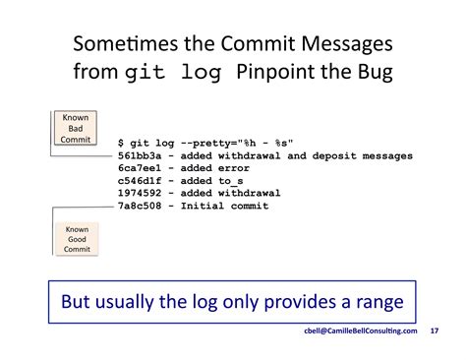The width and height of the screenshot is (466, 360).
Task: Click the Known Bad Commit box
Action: (77, 129)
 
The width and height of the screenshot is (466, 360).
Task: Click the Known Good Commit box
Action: (77, 239)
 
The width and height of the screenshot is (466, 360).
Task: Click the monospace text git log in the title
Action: (183, 73)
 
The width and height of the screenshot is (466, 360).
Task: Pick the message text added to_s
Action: (209, 181)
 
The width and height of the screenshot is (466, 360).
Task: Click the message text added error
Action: (213, 169)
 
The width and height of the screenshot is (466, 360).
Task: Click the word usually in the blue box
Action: (136, 300)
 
